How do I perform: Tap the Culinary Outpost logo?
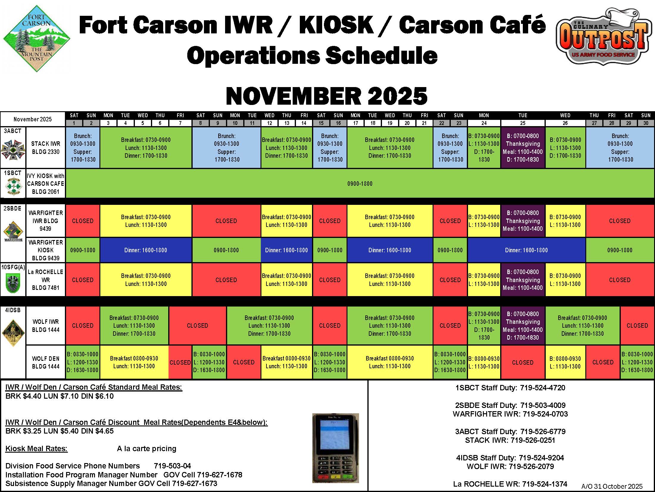click(603, 37)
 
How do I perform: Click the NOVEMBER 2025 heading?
click(327, 96)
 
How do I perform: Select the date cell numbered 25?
click(523, 123)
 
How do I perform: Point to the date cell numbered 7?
click(180, 123)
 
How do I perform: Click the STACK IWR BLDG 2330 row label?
click(46, 148)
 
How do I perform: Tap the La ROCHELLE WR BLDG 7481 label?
click(46, 280)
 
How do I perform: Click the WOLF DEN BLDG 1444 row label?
click(46, 362)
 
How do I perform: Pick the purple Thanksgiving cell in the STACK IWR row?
click(523, 148)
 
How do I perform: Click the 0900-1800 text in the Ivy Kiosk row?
click(360, 184)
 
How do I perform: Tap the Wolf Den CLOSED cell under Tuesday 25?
click(523, 362)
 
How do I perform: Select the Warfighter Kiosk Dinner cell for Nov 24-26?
click(526, 250)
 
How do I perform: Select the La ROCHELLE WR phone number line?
click(510, 484)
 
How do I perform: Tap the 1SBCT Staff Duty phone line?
click(510, 388)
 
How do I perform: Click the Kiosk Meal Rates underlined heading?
click(37, 448)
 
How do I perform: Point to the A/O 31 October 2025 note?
click(612, 486)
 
